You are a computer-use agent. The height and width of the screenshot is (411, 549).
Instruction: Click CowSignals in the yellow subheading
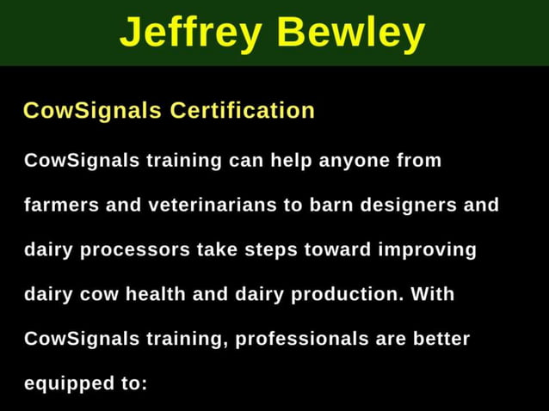coord(92,111)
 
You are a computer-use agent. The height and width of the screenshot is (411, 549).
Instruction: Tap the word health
coord(155,294)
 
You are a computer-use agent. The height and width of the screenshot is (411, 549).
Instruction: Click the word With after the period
coord(432,294)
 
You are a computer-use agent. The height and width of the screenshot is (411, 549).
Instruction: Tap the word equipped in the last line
coord(65,383)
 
